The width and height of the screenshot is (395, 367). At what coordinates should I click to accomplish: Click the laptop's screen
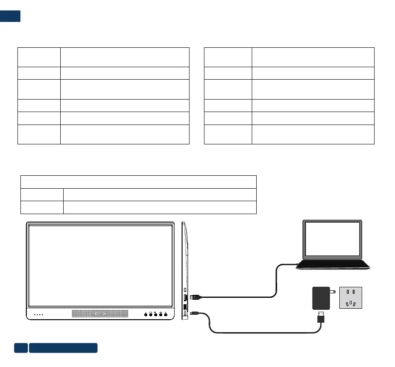pos(332,241)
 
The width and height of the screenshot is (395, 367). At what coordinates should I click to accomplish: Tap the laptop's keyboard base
pos(332,265)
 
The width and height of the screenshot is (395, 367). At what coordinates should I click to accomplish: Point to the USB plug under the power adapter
pos(321,316)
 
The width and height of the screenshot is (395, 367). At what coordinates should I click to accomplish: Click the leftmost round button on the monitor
pos(145,315)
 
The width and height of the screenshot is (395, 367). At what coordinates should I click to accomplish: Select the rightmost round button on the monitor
pos(166,315)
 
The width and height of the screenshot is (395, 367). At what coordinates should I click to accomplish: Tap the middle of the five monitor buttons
pos(156,315)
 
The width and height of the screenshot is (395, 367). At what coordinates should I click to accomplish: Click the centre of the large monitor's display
pos(100,265)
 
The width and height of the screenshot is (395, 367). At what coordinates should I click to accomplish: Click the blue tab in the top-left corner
pos(10,15)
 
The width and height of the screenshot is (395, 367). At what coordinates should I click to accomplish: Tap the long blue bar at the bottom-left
pos(63,348)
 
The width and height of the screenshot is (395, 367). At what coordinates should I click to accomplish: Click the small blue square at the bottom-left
pos(20,348)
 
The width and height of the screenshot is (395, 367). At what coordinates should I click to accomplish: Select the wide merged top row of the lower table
pos(138,182)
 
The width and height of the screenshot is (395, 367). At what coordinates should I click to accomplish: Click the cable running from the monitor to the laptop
pos(275,281)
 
